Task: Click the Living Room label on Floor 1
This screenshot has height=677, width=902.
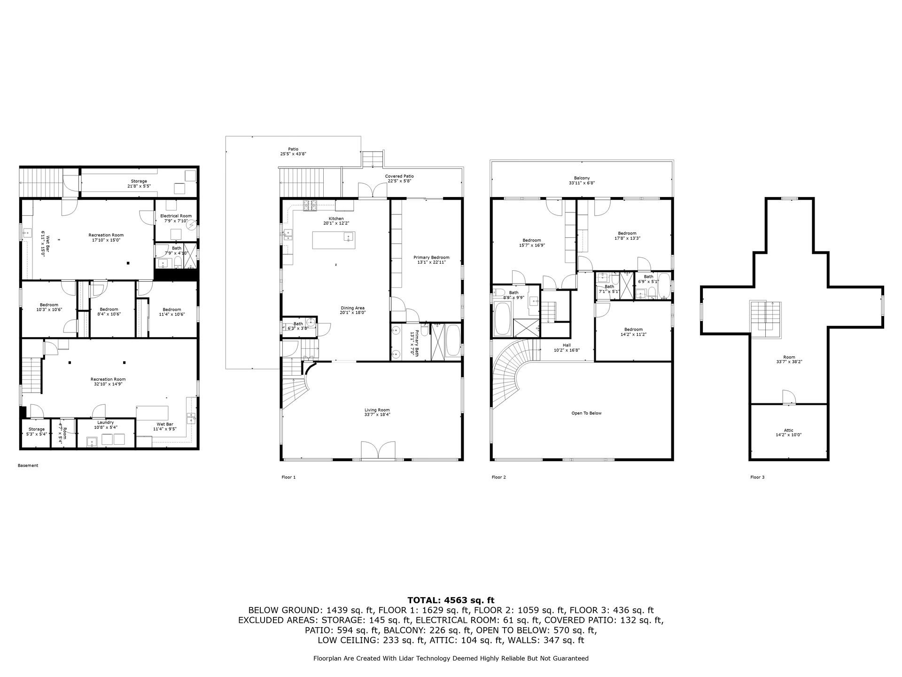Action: tap(377, 412)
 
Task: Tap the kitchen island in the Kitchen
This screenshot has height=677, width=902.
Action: tap(334, 240)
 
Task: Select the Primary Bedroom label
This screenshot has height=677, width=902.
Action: tap(431, 260)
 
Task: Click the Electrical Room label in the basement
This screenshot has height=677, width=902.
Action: tap(176, 218)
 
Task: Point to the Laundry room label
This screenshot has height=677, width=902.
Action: tap(106, 425)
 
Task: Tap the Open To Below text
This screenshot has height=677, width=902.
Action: tap(586, 413)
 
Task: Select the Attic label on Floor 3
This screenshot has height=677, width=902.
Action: tap(788, 433)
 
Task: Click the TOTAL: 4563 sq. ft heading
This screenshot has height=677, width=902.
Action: tap(451, 600)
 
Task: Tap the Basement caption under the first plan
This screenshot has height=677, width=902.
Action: tap(28, 465)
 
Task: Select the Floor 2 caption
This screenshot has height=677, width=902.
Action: tap(498, 477)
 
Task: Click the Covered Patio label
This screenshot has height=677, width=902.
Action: tap(399, 178)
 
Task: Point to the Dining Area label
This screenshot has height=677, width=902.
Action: tap(352, 310)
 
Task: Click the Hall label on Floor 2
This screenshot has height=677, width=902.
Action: tap(567, 347)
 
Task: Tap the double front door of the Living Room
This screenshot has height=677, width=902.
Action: tap(378, 450)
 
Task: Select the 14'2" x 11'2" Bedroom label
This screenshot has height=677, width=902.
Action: tap(633, 332)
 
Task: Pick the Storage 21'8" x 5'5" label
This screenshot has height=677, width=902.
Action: tap(139, 183)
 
